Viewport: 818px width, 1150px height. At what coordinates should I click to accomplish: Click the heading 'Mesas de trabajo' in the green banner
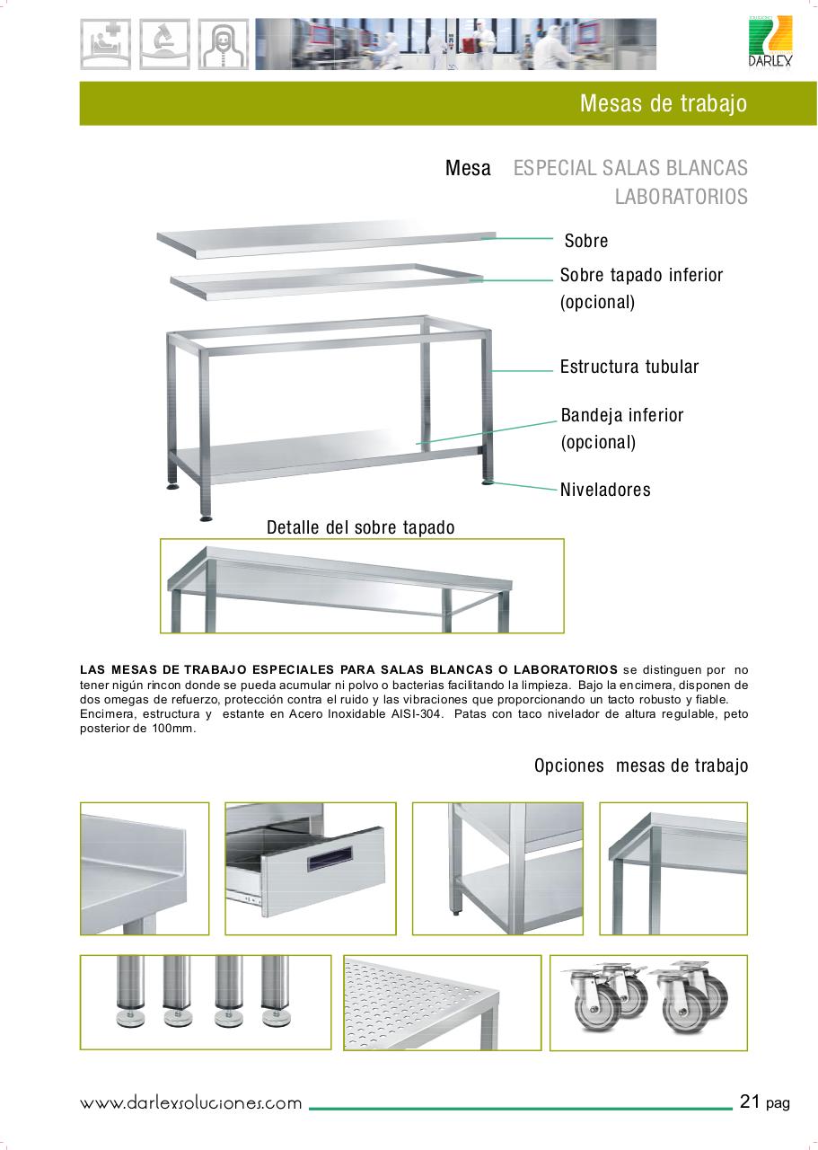663,103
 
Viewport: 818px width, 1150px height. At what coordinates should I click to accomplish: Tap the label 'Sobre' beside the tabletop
586,241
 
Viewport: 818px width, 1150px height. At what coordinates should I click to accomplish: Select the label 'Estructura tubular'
629,367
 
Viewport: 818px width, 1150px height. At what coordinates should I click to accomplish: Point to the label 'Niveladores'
605,490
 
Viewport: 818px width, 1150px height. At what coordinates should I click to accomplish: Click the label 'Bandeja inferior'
621,415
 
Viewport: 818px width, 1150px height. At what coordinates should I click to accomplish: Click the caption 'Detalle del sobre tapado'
360,527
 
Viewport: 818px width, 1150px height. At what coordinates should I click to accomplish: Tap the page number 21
751,1101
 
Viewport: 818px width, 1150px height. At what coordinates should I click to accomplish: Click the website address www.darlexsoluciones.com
191,1103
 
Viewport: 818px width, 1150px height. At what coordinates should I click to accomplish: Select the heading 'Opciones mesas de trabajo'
640,765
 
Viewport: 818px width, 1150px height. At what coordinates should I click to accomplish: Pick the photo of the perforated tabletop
442,1002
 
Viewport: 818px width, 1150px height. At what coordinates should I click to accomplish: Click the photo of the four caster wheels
648,1002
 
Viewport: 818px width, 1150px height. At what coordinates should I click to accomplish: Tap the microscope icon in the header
164,44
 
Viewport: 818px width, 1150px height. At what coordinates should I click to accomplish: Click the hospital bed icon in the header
105,44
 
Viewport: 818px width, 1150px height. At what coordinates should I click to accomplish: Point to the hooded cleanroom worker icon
224,44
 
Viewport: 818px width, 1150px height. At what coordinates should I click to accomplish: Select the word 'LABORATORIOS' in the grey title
681,196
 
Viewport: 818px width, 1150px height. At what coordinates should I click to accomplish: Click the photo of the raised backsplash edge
145,868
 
